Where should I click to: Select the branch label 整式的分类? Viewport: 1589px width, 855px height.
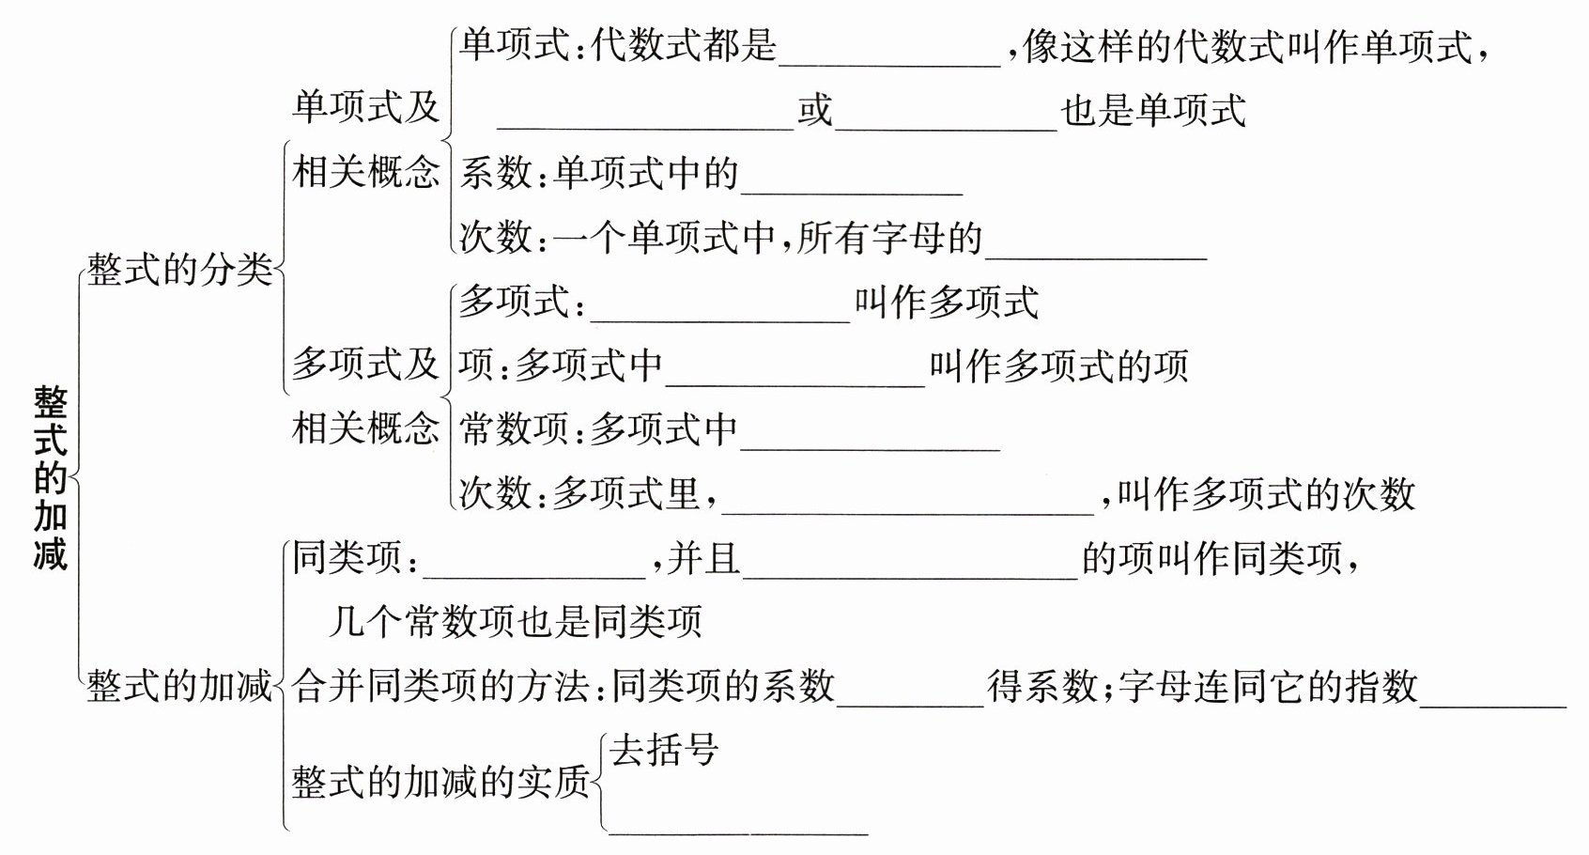[179, 270]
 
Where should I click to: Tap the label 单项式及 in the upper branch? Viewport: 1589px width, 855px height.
[365, 106]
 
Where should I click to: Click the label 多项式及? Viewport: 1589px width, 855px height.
[365, 364]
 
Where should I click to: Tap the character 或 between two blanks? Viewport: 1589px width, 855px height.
[815, 111]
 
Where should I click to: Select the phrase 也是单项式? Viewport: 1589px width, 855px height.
[1153, 111]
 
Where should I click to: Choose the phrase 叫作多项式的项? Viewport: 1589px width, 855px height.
[1058, 365]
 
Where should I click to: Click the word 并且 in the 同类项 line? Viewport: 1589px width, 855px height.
[703, 558]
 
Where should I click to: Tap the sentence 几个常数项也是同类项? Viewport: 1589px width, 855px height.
[516, 621]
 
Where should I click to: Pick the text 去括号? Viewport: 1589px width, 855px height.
[664, 750]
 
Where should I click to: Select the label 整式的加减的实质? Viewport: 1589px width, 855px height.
[440, 782]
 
